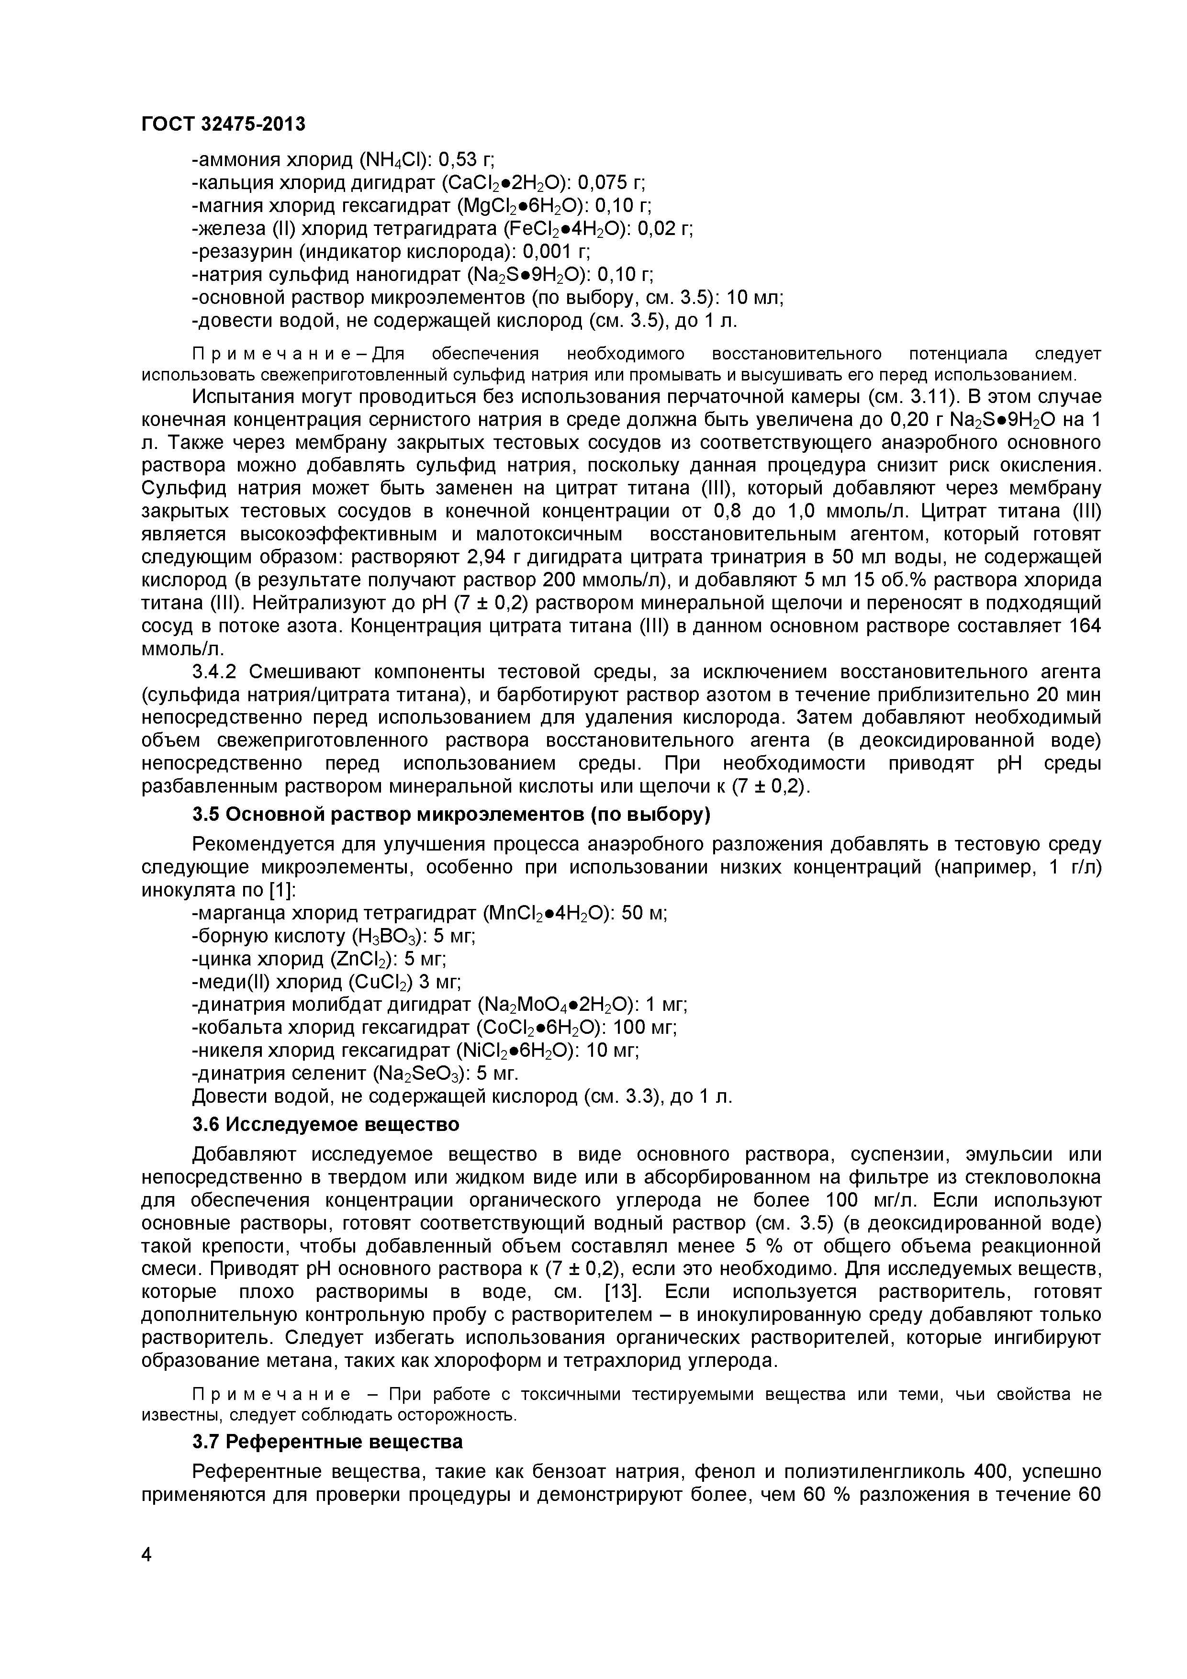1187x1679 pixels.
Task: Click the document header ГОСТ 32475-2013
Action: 223,124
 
